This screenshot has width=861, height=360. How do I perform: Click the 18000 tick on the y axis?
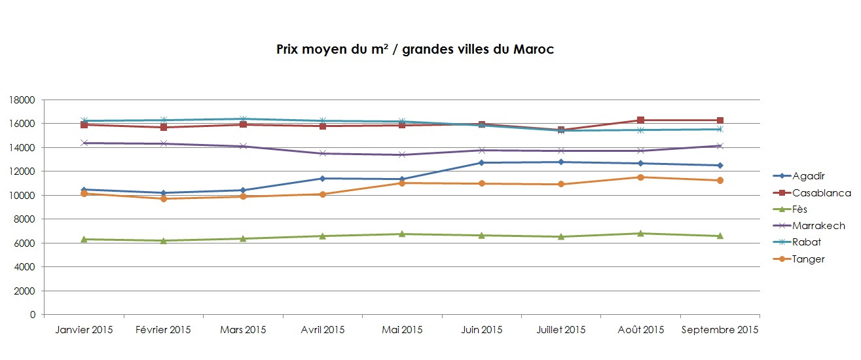click(x=23, y=100)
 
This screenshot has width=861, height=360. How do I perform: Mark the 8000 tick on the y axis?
click(x=25, y=219)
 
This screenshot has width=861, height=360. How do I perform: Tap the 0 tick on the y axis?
click(x=32, y=315)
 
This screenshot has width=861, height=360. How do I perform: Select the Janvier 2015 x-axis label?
click(x=84, y=330)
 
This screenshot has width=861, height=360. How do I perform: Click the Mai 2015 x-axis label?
click(x=402, y=330)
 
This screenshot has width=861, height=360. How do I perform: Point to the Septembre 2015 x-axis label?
click(x=720, y=330)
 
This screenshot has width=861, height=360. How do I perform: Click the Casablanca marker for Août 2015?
click(x=640, y=120)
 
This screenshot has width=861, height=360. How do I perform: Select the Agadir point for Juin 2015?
click(x=481, y=162)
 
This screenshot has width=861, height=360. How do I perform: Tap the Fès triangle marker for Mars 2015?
click(x=243, y=238)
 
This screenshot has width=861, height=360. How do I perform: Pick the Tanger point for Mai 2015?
click(x=402, y=183)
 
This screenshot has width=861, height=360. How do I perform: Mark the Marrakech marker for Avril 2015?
click(x=322, y=153)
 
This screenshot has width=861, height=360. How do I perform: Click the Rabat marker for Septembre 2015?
click(x=720, y=129)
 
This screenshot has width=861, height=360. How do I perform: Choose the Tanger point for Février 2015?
click(x=163, y=198)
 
